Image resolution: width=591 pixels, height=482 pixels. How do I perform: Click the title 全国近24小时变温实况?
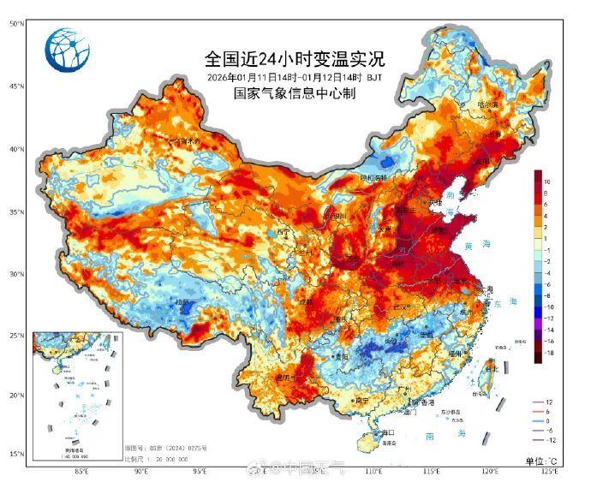click(295, 59)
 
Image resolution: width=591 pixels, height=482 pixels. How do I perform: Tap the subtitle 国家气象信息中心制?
click(295, 95)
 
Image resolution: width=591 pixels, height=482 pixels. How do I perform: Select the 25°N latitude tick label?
click(16, 336)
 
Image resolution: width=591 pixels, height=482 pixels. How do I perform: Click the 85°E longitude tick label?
click(82, 471)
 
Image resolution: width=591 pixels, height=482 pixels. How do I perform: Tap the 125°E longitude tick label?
click(548, 471)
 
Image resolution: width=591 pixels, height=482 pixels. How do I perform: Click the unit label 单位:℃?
click(543, 461)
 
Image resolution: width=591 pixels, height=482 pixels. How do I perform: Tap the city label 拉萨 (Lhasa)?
click(181, 302)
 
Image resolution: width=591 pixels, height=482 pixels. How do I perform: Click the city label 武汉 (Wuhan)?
click(398, 306)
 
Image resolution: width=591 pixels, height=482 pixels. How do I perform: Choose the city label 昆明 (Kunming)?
click(284, 377)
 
